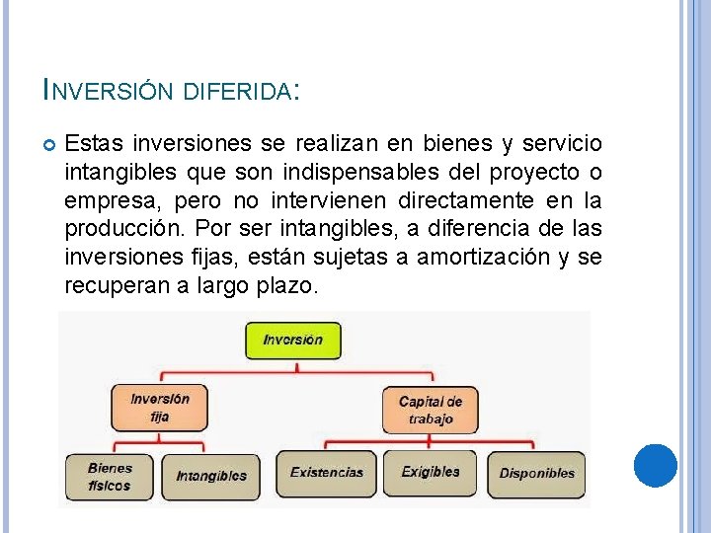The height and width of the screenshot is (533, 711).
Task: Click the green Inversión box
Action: pyautogui.click(x=292, y=340)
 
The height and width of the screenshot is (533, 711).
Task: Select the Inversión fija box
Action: pyautogui.click(x=160, y=407)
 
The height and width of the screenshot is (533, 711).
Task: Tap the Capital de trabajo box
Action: pyautogui.click(x=430, y=410)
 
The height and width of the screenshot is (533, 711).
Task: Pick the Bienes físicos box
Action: pyautogui.click(x=110, y=476)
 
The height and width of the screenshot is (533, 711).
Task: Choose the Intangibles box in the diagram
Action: pyautogui.click(x=211, y=476)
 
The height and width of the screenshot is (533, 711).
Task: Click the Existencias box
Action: pyautogui.click(x=327, y=473)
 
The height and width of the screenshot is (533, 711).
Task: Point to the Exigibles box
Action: pyautogui.click(x=431, y=473)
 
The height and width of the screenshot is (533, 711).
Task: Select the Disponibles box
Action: pyautogui.click(x=536, y=474)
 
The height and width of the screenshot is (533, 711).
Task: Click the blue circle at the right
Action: pyautogui.click(x=655, y=465)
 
